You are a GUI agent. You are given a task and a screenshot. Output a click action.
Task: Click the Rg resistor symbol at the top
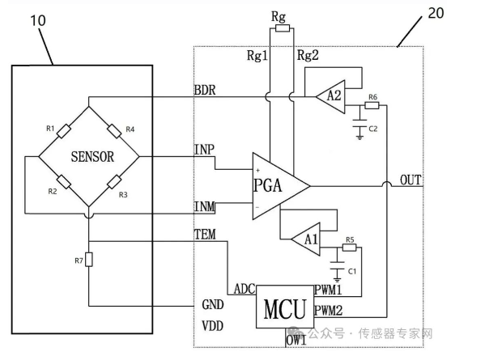[x=283, y=28]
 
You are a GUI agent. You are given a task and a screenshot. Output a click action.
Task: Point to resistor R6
[x=372, y=105]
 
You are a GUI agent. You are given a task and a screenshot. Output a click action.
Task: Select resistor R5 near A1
[x=349, y=248]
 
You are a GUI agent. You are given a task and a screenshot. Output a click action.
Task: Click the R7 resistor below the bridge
[x=89, y=259]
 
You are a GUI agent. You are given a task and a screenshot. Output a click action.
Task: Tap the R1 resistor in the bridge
[x=64, y=131]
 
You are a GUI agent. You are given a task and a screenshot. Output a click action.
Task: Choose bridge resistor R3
[x=114, y=182]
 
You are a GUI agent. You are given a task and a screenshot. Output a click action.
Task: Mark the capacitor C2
[x=359, y=123]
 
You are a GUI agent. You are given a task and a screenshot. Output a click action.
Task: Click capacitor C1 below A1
[x=337, y=265]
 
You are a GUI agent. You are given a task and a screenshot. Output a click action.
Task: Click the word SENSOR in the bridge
[x=92, y=156]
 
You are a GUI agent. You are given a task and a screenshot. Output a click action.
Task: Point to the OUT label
[x=411, y=180]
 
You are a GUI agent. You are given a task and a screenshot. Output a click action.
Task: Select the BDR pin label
[x=205, y=90]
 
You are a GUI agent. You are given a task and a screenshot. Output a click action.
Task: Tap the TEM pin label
[x=205, y=235]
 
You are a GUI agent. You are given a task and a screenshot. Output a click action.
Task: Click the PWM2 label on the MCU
[x=329, y=311]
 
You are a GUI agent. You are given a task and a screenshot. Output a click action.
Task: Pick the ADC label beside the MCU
[x=245, y=290]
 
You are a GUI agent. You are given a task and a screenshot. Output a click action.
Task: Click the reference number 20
[x=436, y=13]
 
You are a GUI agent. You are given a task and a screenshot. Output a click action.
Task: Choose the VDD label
[x=212, y=326]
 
